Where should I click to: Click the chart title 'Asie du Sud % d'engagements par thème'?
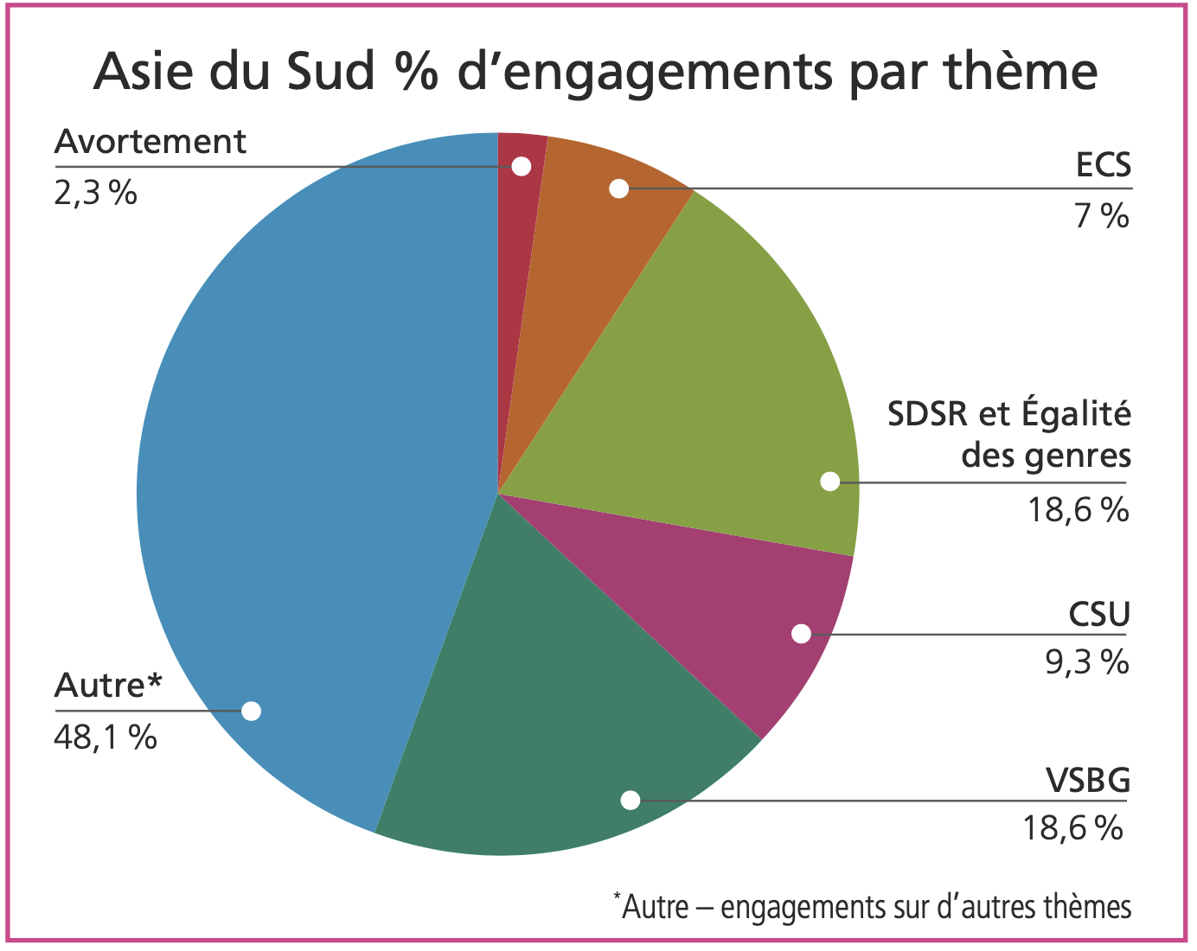point(595,71)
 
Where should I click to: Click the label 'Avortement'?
point(150,142)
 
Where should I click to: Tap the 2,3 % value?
point(95,193)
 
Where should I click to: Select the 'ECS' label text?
point(1103,164)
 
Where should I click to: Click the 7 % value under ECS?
point(1101,216)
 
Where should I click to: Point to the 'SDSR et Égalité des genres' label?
point(1009,434)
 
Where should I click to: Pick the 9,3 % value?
point(1087,662)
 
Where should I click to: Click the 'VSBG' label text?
point(1089,781)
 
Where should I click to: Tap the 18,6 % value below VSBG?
point(1072,828)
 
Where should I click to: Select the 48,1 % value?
point(106,737)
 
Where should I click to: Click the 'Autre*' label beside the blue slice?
point(108,686)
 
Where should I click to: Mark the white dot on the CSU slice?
point(801,634)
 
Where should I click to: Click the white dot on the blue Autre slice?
point(251,711)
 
